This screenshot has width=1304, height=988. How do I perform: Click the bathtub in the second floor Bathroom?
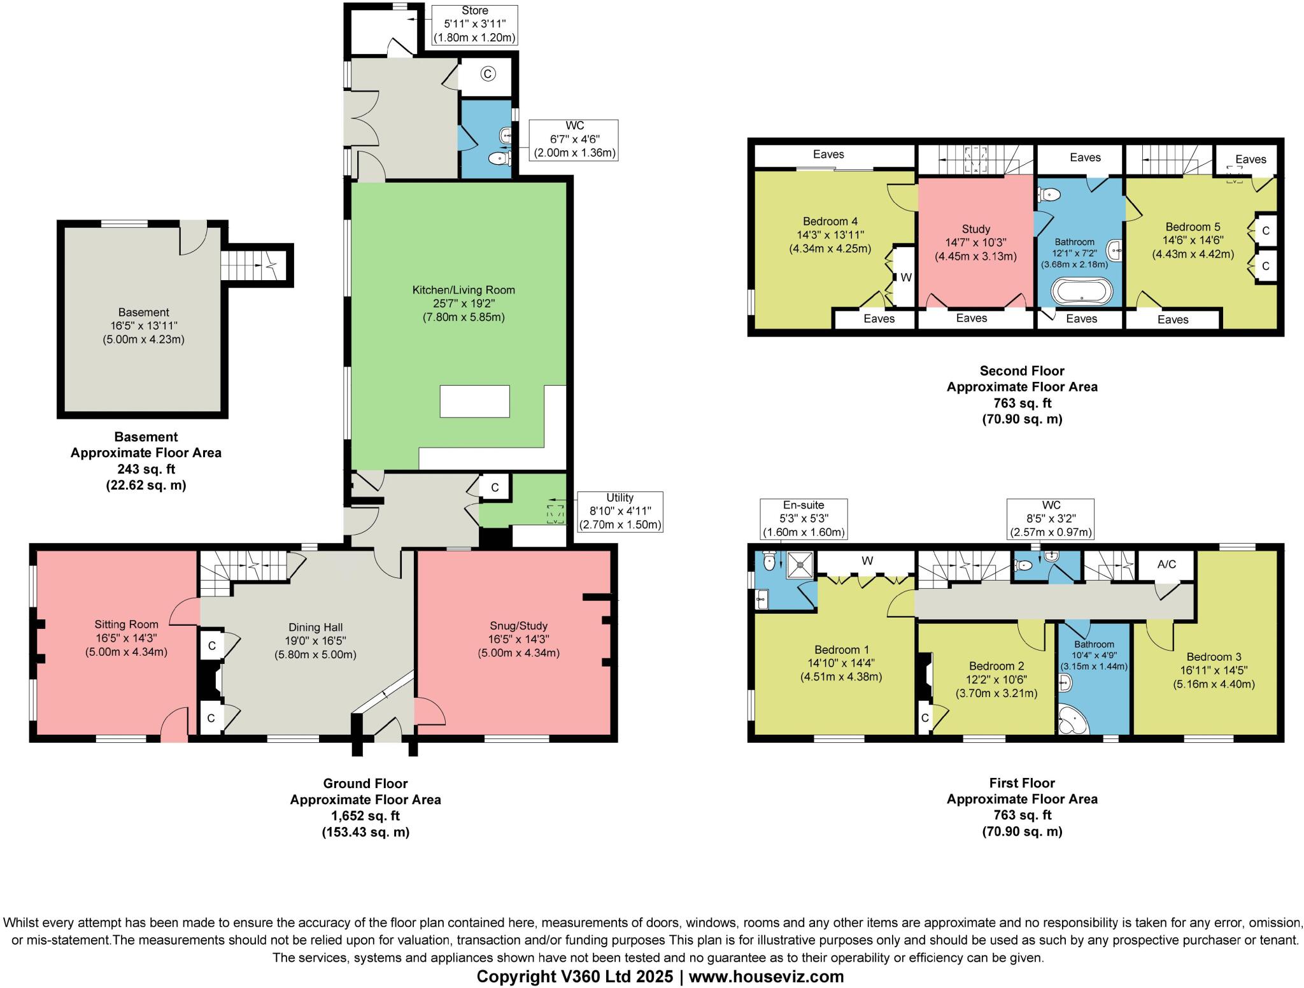(1082, 292)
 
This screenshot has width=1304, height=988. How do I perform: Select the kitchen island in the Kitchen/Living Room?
(474, 401)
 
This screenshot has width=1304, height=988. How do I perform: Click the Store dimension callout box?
(474, 24)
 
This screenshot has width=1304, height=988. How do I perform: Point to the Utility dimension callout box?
(620, 511)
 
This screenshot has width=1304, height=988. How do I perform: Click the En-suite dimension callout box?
(805, 519)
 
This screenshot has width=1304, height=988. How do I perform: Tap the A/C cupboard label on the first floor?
(1166, 564)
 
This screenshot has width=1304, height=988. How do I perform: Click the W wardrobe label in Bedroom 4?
(906, 278)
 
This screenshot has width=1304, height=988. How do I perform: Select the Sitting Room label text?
(126, 625)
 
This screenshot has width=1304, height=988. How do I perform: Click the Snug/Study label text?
(518, 626)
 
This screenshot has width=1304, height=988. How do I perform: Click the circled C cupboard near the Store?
(488, 74)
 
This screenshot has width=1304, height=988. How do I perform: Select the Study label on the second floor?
(975, 229)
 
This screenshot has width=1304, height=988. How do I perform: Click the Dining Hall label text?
(315, 628)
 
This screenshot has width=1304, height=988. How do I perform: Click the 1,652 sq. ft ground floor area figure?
(365, 815)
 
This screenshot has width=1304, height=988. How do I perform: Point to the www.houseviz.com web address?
(766, 977)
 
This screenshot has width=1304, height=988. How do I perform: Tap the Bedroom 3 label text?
(1214, 657)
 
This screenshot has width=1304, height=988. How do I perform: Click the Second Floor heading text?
(1021, 370)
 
